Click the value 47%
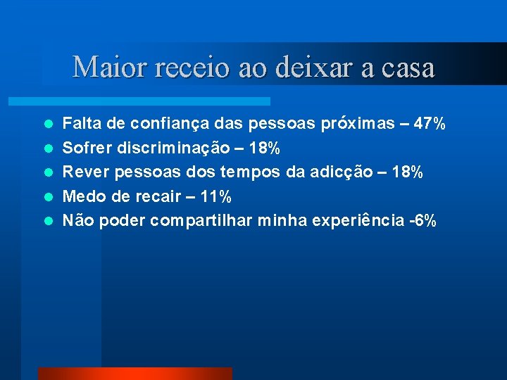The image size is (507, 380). click(x=430, y=125)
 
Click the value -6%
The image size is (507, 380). click(x=423, y=221)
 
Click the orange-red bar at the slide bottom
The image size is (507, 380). click(x=134, y=374)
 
